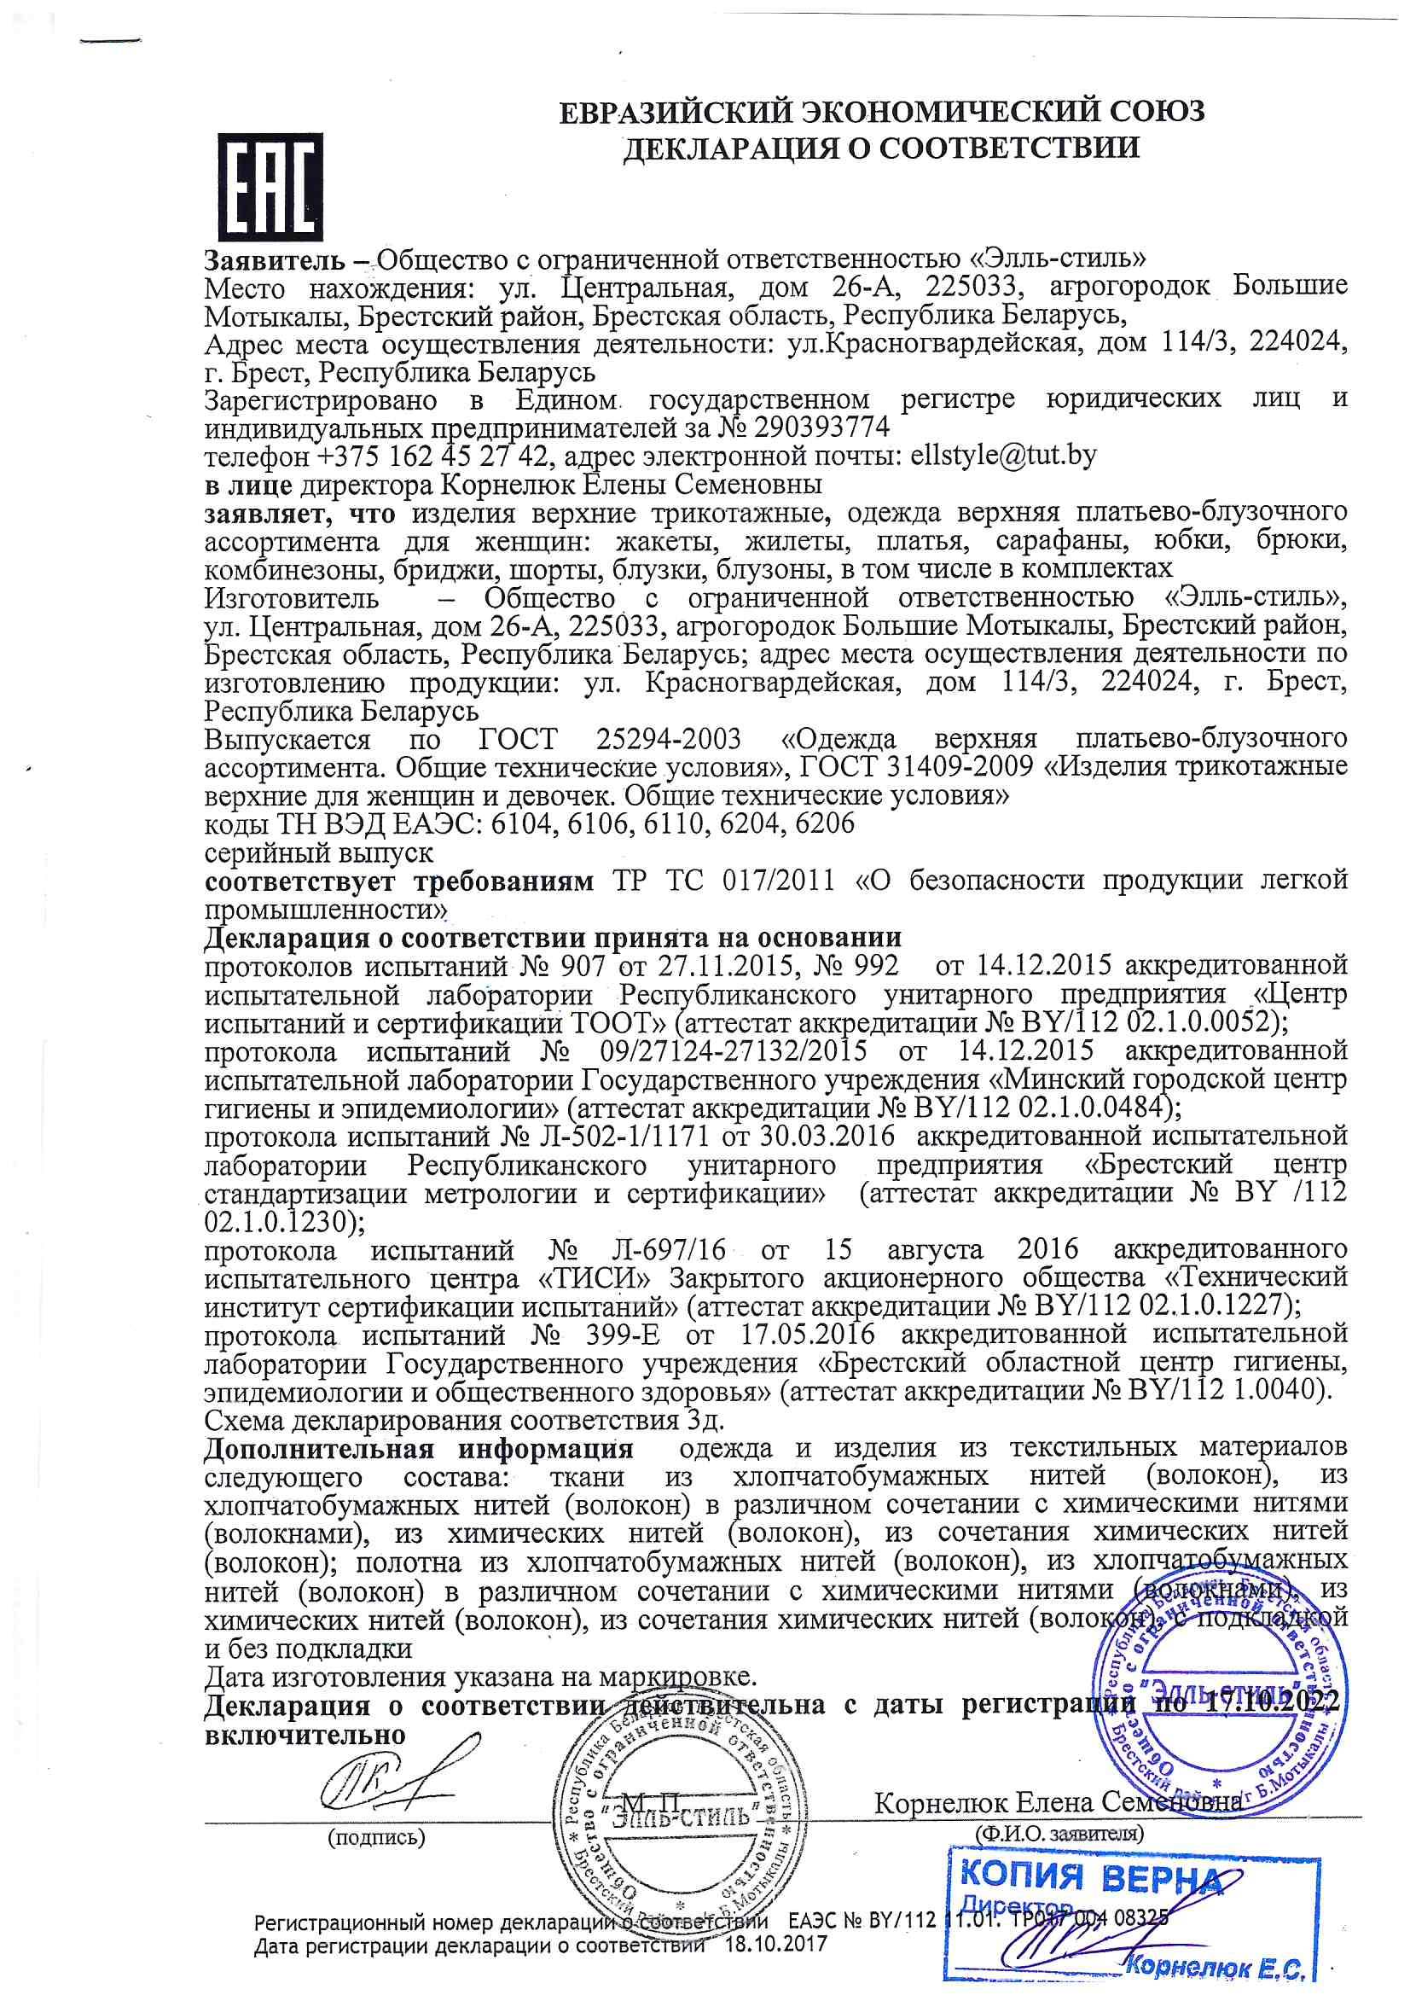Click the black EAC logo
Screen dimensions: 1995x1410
270,187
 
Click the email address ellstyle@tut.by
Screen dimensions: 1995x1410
1003,456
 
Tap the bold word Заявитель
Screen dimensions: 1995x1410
275,259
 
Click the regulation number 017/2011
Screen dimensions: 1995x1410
778,881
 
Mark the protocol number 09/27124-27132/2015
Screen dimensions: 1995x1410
734,1050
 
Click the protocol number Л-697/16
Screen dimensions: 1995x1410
668,1249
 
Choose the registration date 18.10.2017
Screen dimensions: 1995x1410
776,1944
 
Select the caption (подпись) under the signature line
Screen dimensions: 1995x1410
376,1838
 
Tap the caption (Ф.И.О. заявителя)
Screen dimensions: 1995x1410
1059,1834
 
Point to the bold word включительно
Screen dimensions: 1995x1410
305,1735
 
